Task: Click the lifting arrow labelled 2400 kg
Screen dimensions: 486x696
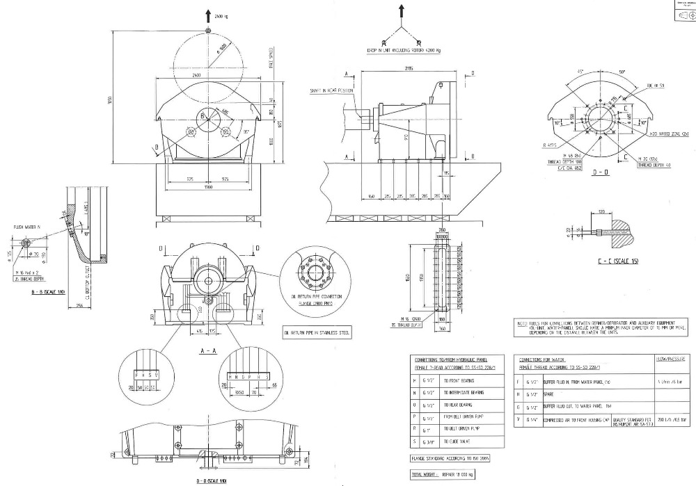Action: (209, 15)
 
